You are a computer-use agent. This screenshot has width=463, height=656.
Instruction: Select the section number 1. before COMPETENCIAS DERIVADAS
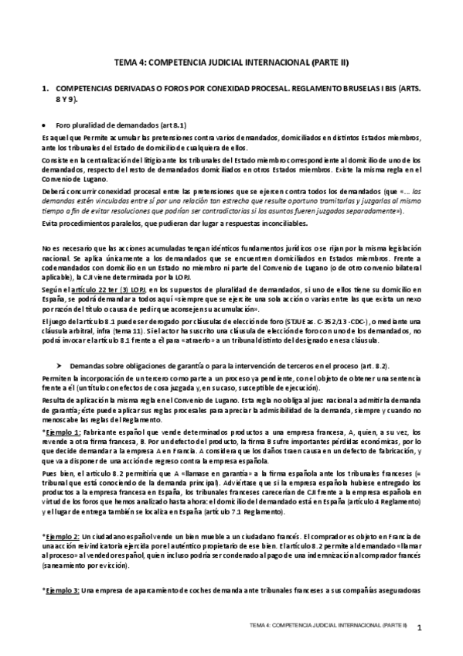(x=45, y=90)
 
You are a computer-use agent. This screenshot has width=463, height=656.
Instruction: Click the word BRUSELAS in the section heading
(x=338, y=90)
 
